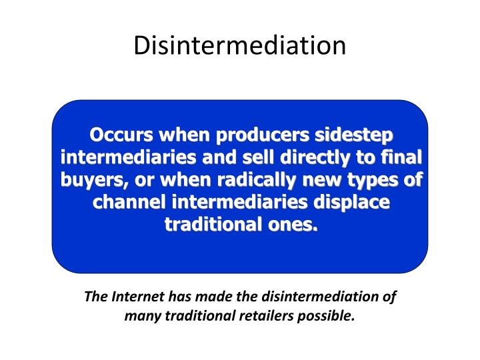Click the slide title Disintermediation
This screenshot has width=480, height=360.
pos(240,45)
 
